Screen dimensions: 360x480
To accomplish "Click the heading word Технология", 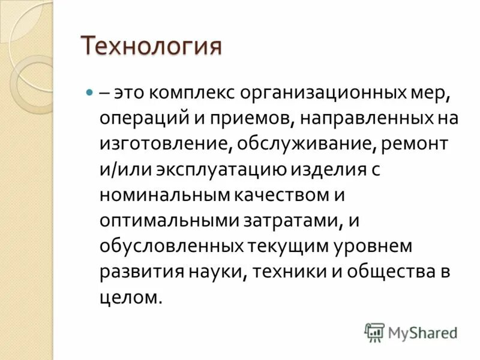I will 151,46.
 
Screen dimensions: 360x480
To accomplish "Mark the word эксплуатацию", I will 221,170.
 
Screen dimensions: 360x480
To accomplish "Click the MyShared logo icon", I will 374,331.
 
